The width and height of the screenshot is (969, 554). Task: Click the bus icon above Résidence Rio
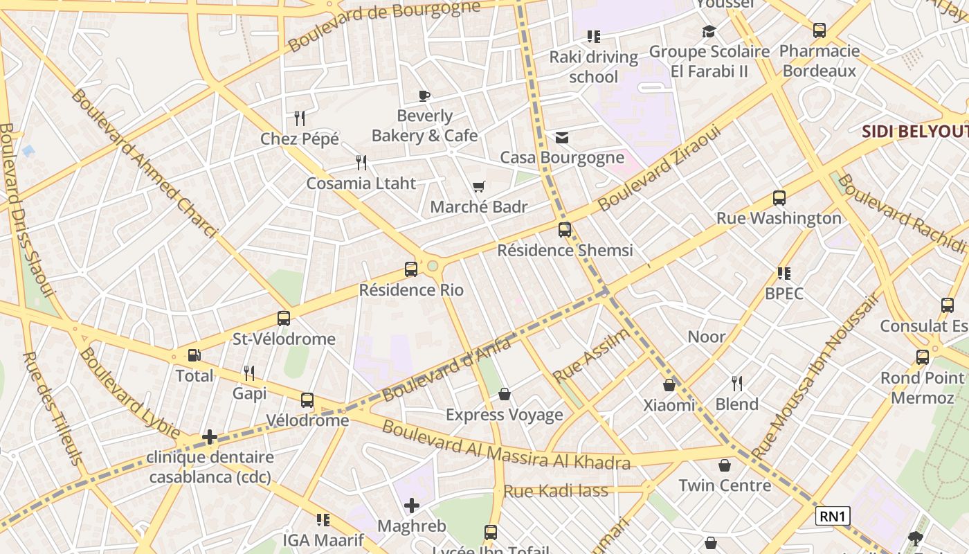pyautogui.click(x=411, y=269)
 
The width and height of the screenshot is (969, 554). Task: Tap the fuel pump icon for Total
pyautogui.click(x=194, y=355)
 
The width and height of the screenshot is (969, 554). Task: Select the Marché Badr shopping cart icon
pyautogui.click(x=478, y=186)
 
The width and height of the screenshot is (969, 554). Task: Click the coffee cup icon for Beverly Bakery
pyautogui.click(x=424, y=96)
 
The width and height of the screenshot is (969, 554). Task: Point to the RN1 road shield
pyautogui.click(x=832, y=516)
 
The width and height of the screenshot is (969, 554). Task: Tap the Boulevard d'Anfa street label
pyautogui.click(x=446, y=368)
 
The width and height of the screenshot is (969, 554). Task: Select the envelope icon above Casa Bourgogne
pyautogui.click(x=562, y=138)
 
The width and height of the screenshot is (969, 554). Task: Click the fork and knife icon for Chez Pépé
pyautogui.click(x=300, y=118)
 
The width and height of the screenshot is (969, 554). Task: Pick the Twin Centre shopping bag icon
pyautogui.click(x=725, y=465)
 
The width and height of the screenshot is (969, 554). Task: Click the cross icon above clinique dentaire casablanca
pyautogui.click(x=210, y=437)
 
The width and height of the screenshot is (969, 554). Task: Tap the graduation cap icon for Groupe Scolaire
pyautogui.click(x=709, y=31)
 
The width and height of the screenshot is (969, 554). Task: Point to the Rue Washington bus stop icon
pyautogui.click(x=779, y=198)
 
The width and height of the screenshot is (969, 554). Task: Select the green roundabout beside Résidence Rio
pyautogui.click(x=433, y=266)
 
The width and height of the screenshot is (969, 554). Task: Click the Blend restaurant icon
pyautogui.click(x=737, y=384)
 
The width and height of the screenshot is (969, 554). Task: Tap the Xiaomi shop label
pyautogui.click(x=669, y=405)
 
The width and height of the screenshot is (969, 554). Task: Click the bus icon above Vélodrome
pyautogui.click(x=307, y=400)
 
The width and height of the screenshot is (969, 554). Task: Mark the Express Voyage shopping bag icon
pyautogui.click(x=505, y=394)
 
